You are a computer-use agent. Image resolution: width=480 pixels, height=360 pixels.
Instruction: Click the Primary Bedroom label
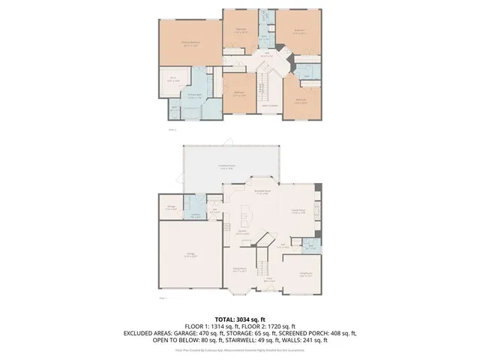tap(190, 43)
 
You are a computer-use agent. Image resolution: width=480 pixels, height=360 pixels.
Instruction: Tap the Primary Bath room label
tap(195, 95)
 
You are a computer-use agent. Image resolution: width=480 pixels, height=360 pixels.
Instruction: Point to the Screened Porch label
tap(228, 167)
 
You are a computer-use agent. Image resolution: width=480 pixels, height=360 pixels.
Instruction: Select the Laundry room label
tap(194, 216)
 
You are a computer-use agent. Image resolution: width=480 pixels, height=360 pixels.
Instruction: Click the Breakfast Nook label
tap(262, 192)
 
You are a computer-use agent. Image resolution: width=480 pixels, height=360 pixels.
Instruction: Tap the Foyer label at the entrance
tap(268, 281)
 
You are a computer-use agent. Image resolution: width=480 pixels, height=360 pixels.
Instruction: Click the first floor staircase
tap(264, 262)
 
